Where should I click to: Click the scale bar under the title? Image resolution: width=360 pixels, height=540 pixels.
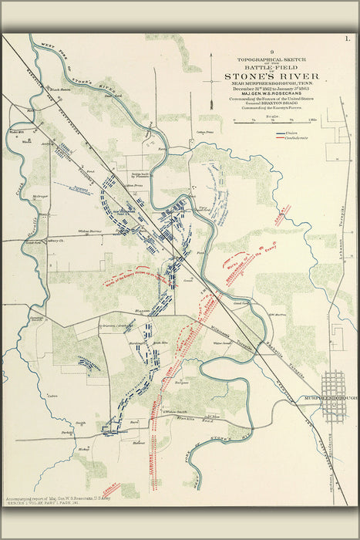click(x=273, y=120)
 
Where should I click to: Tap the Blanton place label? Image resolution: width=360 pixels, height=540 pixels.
click(x=143, y=310)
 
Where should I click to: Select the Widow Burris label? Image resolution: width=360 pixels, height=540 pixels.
click(x=90, y=231)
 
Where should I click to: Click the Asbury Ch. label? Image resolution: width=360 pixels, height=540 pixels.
click(x=56, y=241)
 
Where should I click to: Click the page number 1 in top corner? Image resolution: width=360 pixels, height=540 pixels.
click(x=347, y=37)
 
